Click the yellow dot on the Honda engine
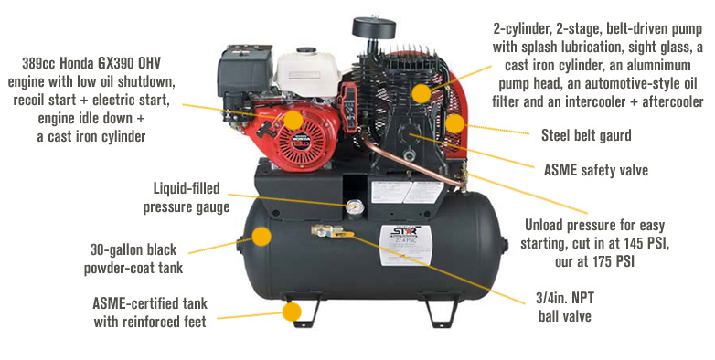[293, 121]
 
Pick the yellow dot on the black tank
[262, 236]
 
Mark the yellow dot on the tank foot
[292, 312]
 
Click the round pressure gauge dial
[352, 206]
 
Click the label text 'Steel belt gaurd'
[586, 135]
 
